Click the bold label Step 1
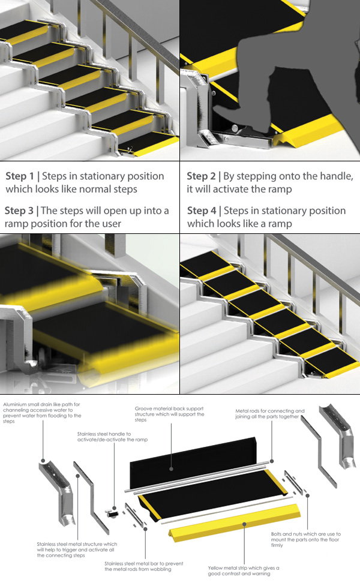click(19, 176)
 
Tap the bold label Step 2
click(201, 176)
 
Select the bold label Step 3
click(19, 211)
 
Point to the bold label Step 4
click(202, 211)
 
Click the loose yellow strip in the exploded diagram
click(235, 522)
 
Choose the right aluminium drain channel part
click(336, 436)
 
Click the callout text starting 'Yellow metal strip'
click(244, 570)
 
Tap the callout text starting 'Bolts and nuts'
click(306, 540)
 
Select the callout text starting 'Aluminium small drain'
click(42, 413)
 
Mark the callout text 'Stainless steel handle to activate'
click(112, 437)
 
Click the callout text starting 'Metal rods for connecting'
click(270, 414)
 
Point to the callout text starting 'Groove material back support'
click(169, 414)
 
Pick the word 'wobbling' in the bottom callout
click(160, 569)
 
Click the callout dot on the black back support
click(171, 468)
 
